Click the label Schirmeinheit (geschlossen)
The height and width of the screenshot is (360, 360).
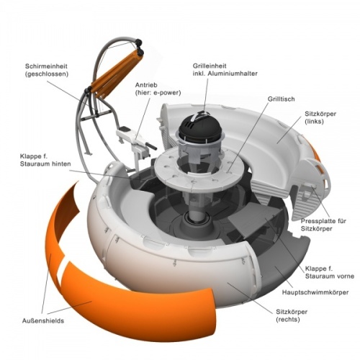coord(47,70)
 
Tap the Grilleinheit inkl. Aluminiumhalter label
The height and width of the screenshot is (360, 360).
coord(225,70)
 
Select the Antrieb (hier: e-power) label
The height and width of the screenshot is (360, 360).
coord(158,89)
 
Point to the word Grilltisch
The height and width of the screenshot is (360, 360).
coord(281,99)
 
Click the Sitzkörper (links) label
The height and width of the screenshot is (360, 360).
coord(320,117)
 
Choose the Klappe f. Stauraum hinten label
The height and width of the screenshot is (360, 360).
coord(45,160)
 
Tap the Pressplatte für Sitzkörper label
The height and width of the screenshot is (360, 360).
coord(323,225)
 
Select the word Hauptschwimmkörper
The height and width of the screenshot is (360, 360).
coord(315,292)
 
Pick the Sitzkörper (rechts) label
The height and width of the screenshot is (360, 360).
coord(292,315)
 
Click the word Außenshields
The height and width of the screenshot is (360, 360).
coord(43,320)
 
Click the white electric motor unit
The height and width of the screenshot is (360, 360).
coord(135,139)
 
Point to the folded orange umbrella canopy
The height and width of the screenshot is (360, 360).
coord(115,74)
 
